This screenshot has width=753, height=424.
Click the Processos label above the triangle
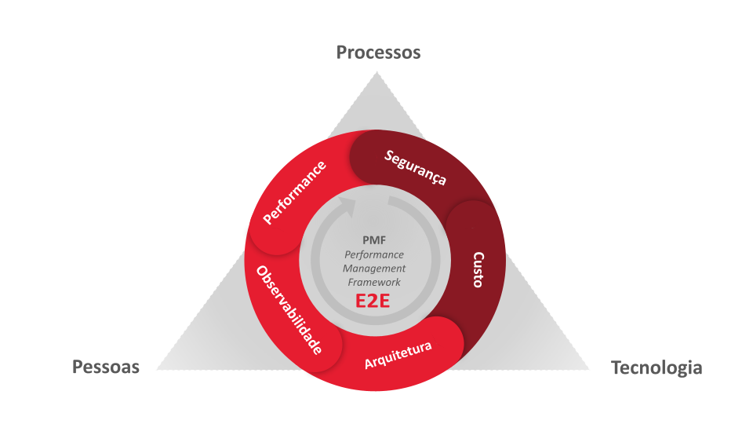(x=378, y=53)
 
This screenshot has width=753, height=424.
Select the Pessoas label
(x=106, y=367)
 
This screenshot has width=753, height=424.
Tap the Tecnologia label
(x=657, y=367)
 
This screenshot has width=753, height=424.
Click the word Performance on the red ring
(x=294, y=192)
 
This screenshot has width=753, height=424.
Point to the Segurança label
(x=416, y=168)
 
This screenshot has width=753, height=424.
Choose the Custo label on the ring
(x=478, y=269)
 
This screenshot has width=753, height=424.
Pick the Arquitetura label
(x=398, y=355)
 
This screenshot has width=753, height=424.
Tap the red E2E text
(x=373, y=301)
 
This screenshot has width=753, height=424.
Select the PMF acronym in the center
(x=374, y=240)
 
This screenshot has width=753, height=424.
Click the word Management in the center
(x=374, y=269)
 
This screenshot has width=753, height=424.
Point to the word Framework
(x=374, y=282)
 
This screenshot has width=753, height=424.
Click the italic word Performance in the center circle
(x=374, y=254)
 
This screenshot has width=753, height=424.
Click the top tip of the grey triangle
(x=377, y=72)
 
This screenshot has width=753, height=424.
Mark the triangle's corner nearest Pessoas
(x=158, y=369)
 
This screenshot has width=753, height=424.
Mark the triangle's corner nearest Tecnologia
(x=589, y=369)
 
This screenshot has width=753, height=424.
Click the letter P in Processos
(x=342, y=53)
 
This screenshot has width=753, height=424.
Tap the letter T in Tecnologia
(x=617, y=367)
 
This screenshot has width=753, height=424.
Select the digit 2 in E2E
(x=373, y=301)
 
